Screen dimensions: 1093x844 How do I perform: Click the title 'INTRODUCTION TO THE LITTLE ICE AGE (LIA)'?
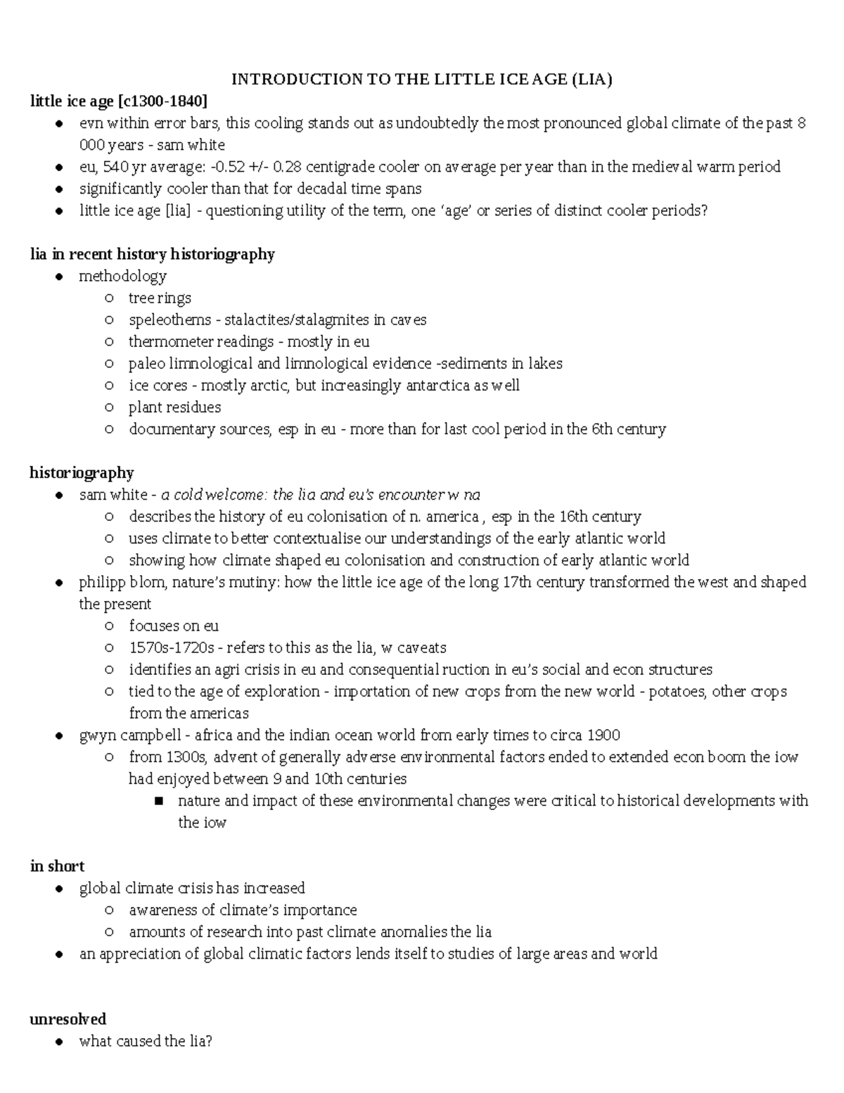click(x=422, y=79)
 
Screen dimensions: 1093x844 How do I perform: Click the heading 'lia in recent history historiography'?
click(x=152, y=254)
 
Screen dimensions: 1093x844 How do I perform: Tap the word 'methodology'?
click(x=122, y=276)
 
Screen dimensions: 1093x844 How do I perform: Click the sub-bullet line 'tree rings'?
click(x=160, y=298)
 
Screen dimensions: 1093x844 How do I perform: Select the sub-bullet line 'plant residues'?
click(x=174, y=407)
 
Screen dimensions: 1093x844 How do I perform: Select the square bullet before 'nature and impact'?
click(x=158, y=801)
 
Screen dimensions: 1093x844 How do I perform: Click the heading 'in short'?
click(x=57, y=866)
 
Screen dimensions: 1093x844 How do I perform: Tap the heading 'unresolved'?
click(x=68, y=1019)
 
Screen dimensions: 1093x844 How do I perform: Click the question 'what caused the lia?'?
click(x=146, y=1041)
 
